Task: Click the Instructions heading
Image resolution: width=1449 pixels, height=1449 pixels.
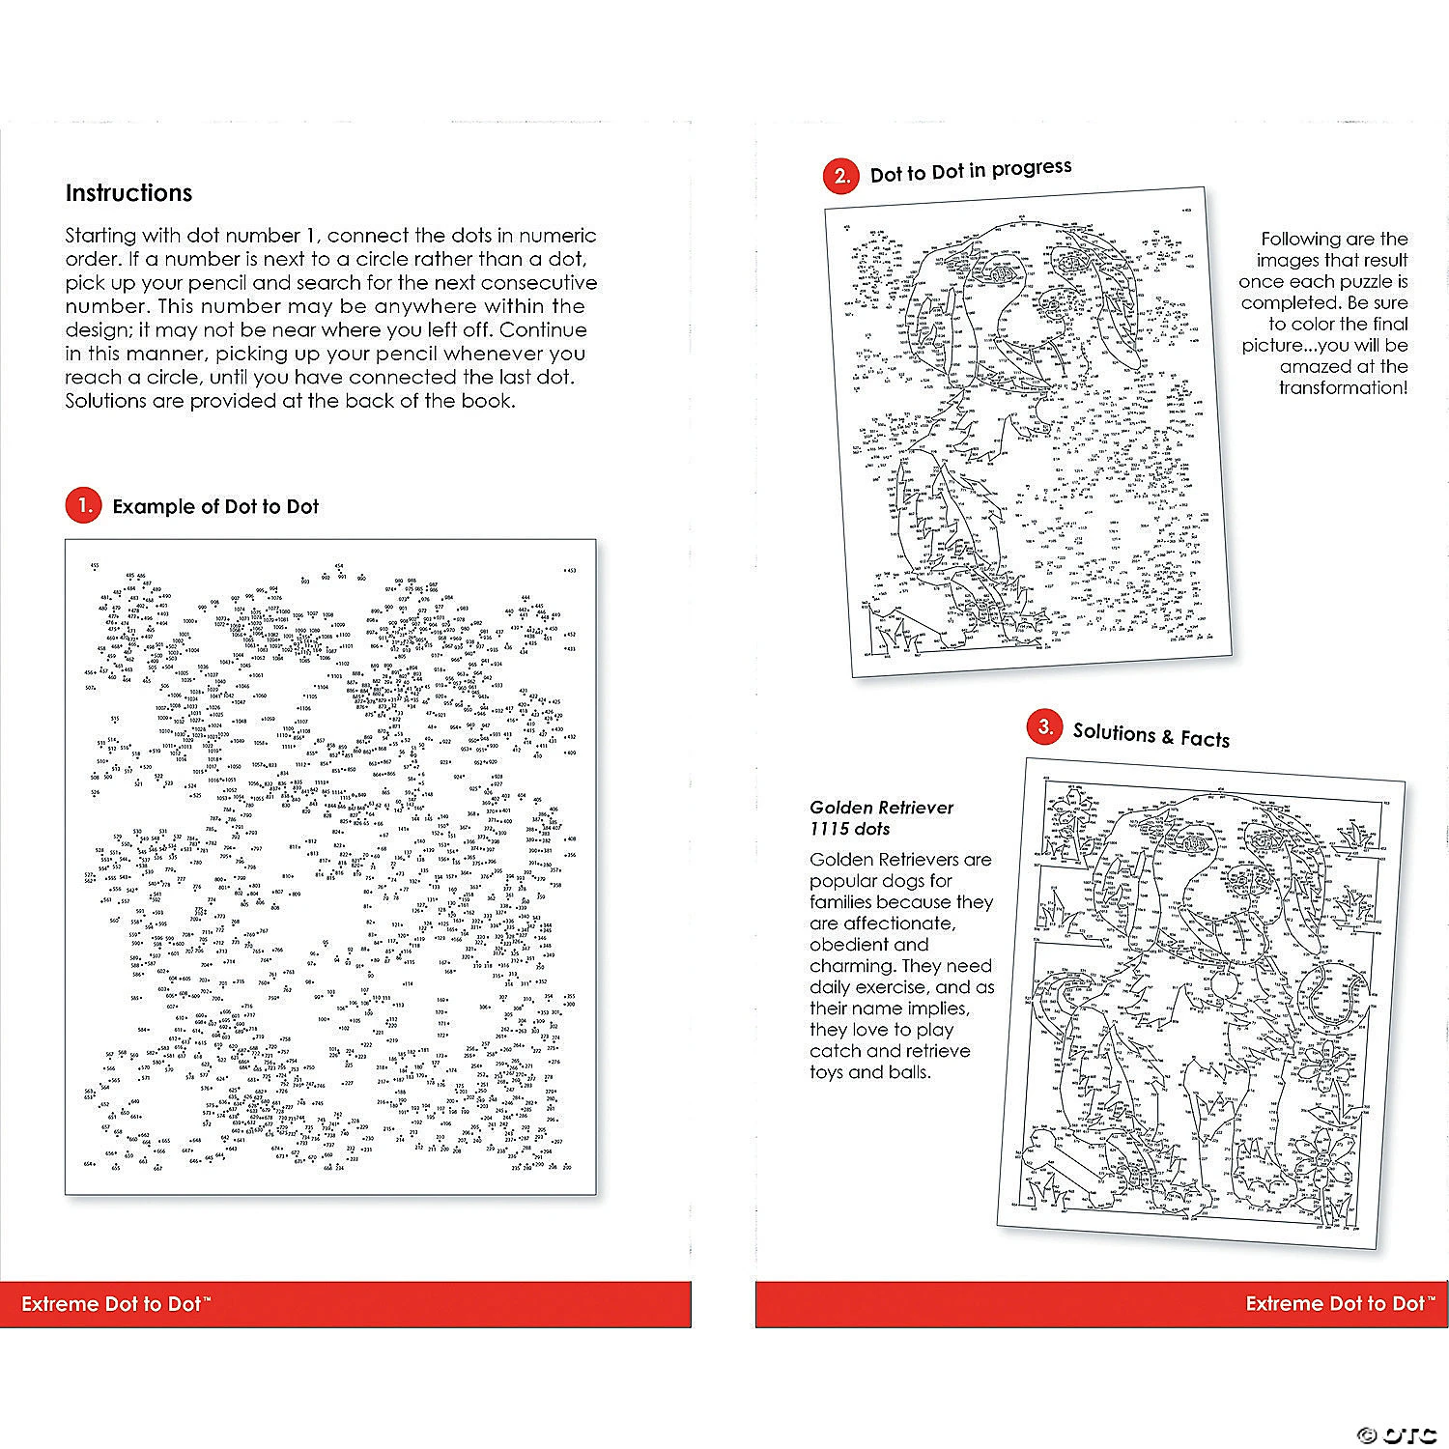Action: tap(128, 193)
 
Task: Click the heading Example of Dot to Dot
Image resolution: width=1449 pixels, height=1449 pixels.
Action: tap(215, 507)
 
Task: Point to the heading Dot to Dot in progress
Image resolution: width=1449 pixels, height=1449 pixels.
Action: tap(971, 171)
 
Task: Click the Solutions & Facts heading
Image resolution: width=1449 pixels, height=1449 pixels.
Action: tap(1151, 735)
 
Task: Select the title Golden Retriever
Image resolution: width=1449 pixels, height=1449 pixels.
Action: tap(881, 808)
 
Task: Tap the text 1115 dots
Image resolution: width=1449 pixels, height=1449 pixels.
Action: tap(850, 829)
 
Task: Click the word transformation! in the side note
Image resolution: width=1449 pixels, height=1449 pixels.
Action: tap(1343, 388)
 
